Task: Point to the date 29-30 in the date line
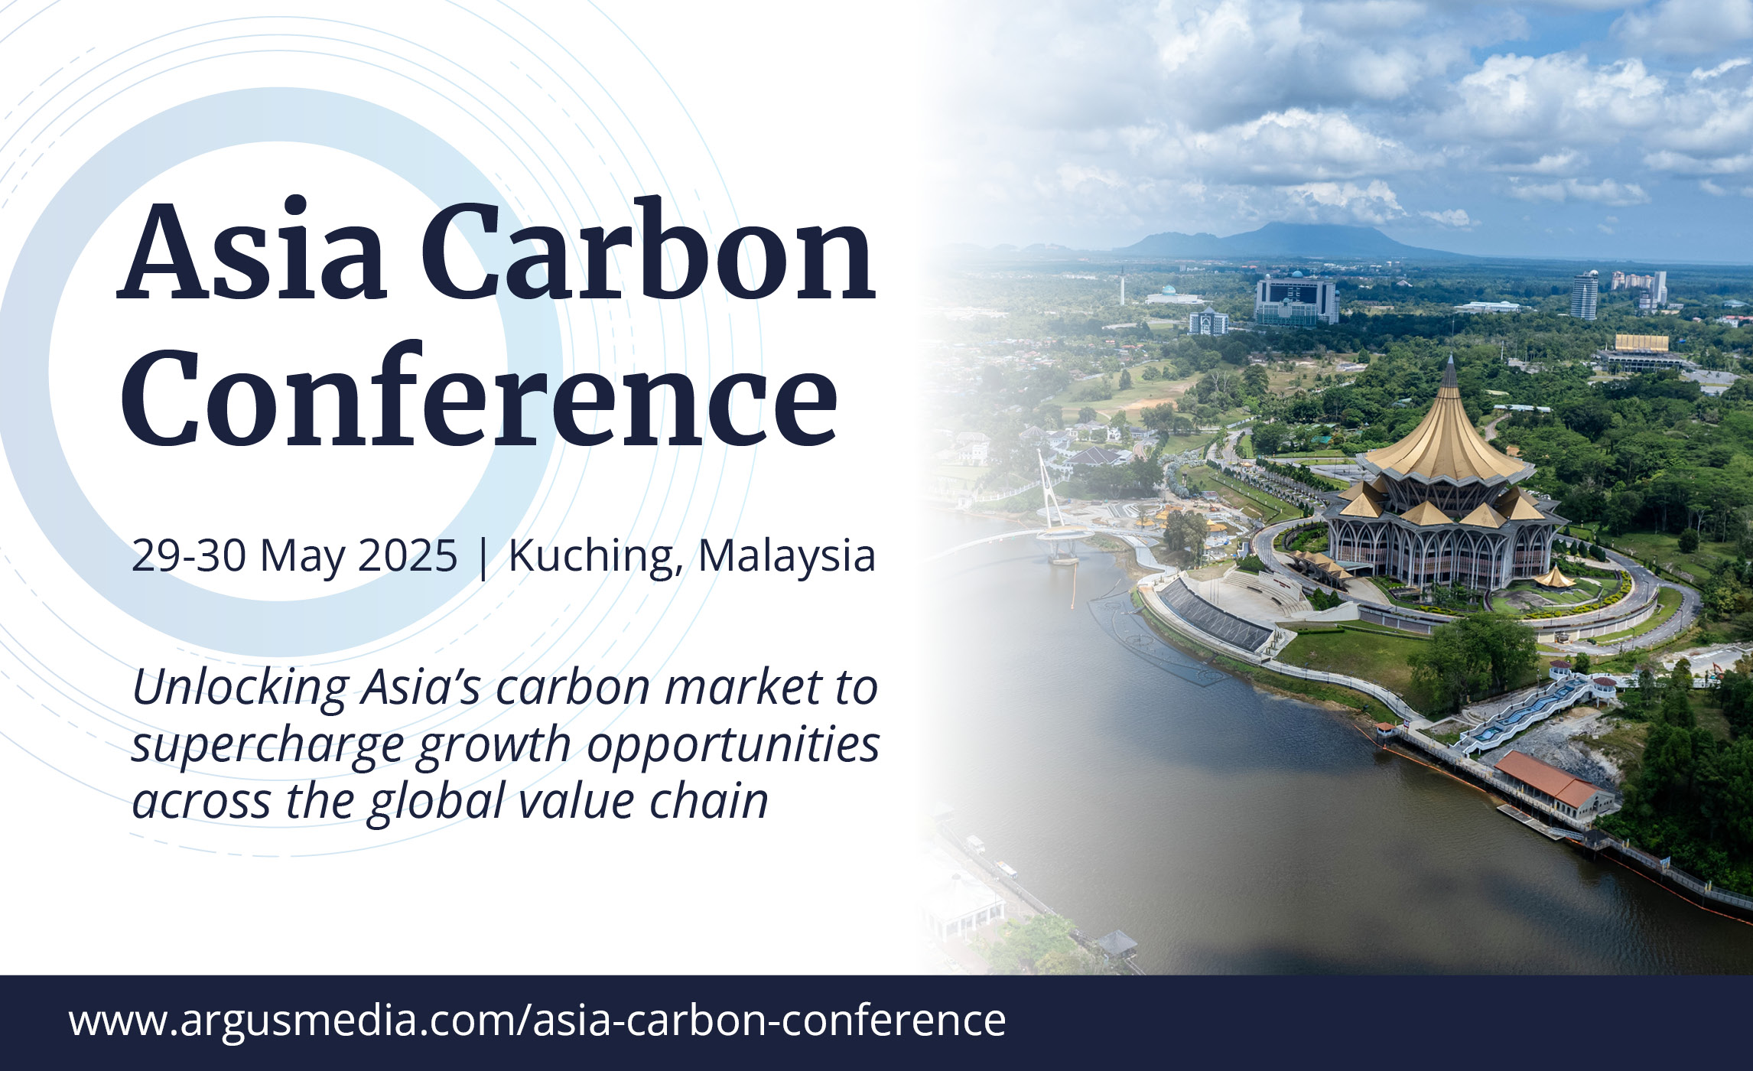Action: (x=189, y=555)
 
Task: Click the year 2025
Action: (x=408, y=555)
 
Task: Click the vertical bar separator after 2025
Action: (x=483, y=557)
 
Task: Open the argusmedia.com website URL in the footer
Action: (x=537, y=1021)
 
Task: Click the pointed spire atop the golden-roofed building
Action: (x=1449, y=372)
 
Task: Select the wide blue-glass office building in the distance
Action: (x=1296, y=301)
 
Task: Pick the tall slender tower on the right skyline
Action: (x=1584, y=295)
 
